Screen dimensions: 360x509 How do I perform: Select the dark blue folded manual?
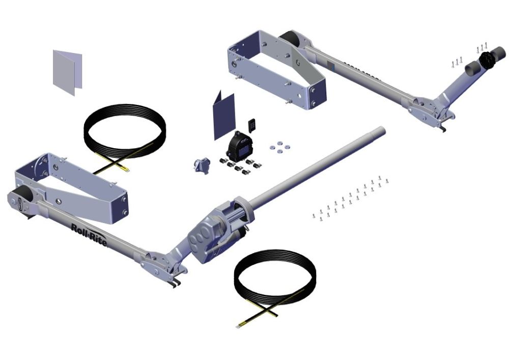[224, 116]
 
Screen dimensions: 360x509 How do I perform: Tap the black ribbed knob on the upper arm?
[489, 60]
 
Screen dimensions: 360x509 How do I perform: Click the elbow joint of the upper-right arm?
[430, 108]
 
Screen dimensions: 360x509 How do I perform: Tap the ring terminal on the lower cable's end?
[238, 324]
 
